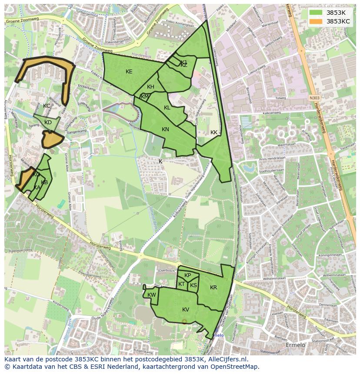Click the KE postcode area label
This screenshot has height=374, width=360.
129,72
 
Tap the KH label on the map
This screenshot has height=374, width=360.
150,87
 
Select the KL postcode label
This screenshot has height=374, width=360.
167,108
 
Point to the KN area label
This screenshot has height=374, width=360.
165,129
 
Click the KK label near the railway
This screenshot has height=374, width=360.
213,132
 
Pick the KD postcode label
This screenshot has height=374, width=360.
48,122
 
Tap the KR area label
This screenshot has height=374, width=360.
213,288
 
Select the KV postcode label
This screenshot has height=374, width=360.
186,310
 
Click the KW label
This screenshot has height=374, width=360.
151,295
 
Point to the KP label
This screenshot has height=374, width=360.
187,275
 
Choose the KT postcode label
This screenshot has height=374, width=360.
181,284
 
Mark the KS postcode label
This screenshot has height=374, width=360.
193,285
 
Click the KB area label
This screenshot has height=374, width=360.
44,182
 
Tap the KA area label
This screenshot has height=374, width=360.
37,188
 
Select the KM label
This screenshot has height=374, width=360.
145,96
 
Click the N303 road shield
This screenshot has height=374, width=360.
315,99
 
